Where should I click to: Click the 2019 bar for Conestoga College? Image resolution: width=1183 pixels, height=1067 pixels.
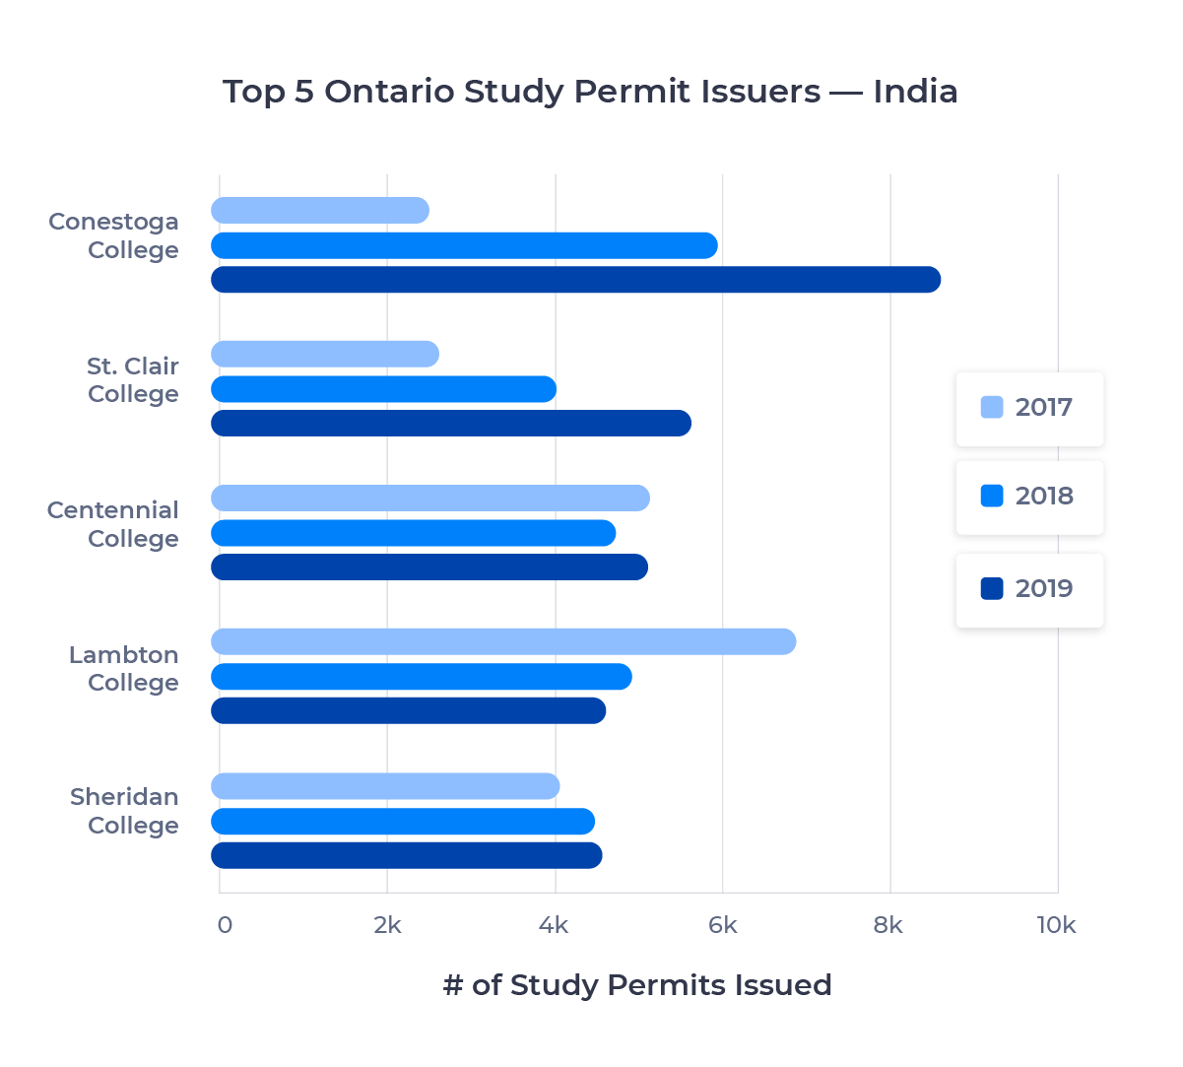(576, 280)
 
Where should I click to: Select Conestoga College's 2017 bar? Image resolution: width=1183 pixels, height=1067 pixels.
(320, 210)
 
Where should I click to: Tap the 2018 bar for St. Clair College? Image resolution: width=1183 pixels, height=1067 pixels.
(384, 389)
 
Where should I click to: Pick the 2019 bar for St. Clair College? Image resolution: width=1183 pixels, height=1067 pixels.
(451, 424)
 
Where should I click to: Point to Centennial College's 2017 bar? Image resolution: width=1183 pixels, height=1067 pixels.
(430, 499)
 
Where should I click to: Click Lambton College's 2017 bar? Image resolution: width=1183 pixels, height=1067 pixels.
(503, 641)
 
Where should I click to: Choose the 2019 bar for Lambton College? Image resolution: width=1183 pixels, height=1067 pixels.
(409, 710)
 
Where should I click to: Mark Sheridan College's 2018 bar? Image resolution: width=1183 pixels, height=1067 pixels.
(403, 822)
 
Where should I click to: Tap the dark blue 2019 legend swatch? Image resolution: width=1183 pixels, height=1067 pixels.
(992, 588)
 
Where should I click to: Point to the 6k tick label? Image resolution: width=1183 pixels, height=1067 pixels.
(723, 925)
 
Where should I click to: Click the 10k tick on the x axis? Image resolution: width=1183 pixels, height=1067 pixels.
(1057, 925)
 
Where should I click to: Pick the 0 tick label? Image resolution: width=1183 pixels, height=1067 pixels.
(225, 925)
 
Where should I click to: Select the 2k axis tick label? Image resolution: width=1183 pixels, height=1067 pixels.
(387, 925)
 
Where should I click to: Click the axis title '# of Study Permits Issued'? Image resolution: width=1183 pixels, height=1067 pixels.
(637, 985)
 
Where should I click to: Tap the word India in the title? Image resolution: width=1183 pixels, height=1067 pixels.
(915, 92)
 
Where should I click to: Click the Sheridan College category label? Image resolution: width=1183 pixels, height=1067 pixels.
(125, 811)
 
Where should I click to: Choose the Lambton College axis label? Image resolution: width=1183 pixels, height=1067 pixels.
(125, 668)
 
